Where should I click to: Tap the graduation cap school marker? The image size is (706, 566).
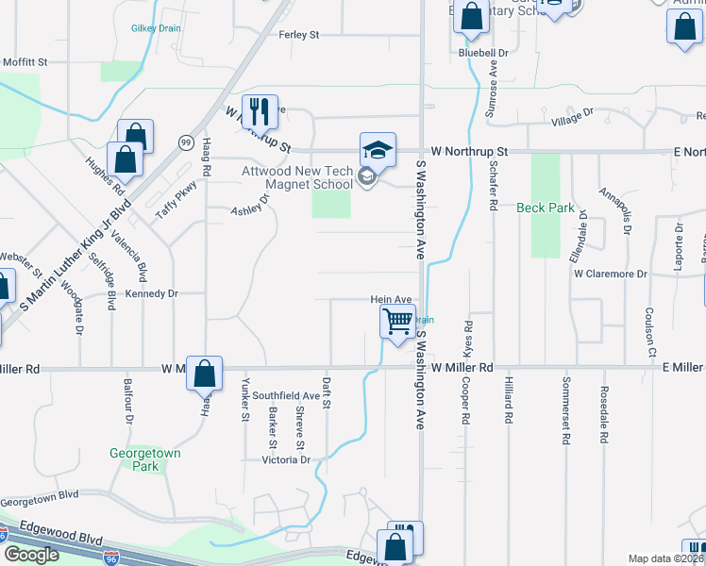[377, 150]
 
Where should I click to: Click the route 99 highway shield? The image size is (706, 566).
[186, 141]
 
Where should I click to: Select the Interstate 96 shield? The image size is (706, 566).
[111, 558]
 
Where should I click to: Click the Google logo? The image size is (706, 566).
[31, 554]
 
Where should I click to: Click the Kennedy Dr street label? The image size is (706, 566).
[151, 293]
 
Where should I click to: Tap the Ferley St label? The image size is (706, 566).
[299, 35]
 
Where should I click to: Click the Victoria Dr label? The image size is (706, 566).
[287, 459]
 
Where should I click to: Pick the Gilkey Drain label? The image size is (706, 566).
[156, 29]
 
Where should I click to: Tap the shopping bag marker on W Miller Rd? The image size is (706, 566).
[204, 374]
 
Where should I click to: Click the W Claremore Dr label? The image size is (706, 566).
[610, 274]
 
